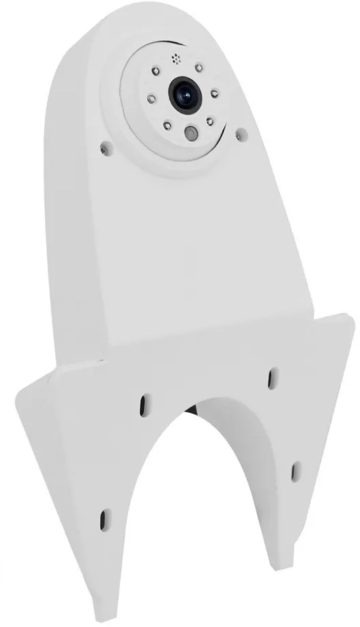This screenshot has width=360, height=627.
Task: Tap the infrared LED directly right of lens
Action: (213, 93)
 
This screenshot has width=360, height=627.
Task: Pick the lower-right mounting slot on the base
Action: (297, 469)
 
